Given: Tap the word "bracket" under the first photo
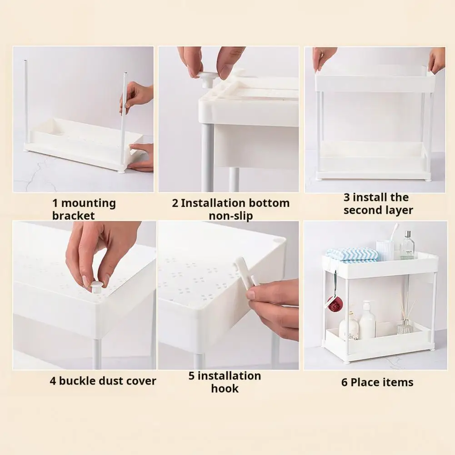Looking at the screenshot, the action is coord(74,216).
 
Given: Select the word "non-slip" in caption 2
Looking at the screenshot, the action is coord(231,216).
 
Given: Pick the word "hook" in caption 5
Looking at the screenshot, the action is coord(225,389).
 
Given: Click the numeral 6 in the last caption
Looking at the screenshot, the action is coord(344,382).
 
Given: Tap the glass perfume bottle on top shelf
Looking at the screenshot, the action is coord(407,245).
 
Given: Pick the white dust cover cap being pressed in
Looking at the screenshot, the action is coord(96,286).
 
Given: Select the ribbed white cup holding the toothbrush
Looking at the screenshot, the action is coord(385,250).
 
